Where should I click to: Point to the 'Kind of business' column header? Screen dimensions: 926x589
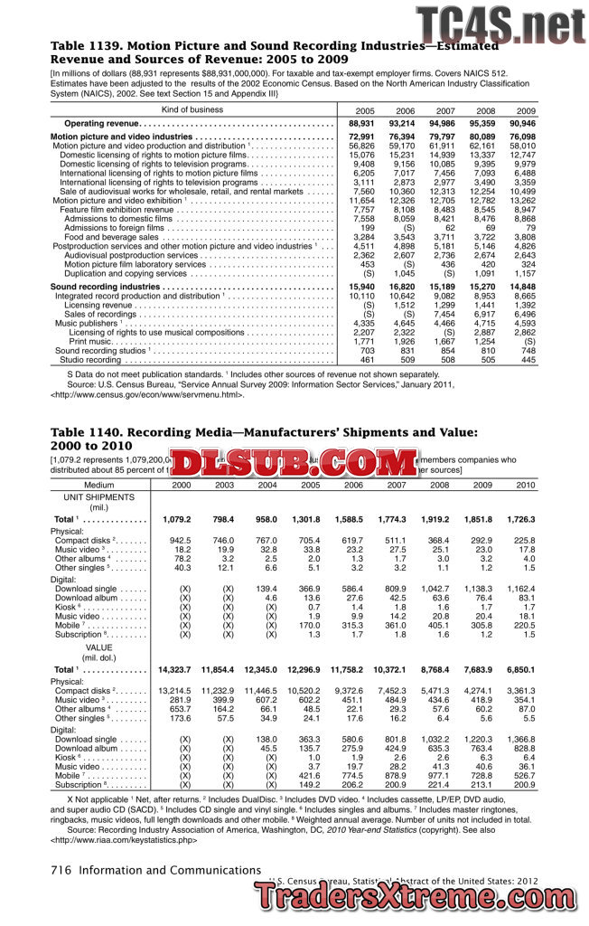tap(192, 109)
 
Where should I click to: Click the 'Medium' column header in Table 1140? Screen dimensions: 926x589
tap(98, 486)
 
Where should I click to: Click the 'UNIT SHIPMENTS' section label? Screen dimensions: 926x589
tap(98, 498)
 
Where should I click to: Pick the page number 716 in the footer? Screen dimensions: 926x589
tap(61, 871)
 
